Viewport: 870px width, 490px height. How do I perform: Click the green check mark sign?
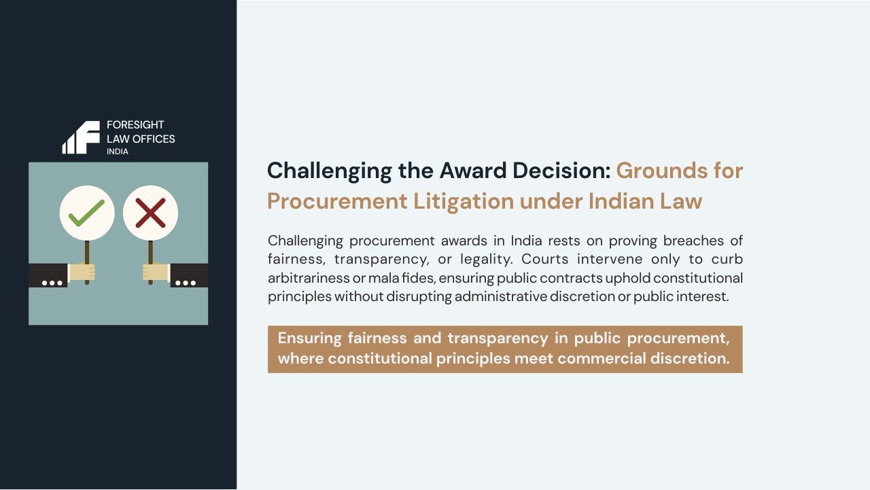(x=87, y=213)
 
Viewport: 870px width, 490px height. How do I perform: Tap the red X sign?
(x=150, y=213)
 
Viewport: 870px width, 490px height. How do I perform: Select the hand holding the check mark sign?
(x=82, y=273)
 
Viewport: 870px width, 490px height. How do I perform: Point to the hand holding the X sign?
(x=156, y=273)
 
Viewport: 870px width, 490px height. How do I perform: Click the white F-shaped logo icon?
(x=82, y=137)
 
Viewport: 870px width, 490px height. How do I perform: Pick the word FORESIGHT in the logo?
(x=135, y=125)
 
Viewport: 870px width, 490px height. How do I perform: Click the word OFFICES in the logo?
(x=154, y=139)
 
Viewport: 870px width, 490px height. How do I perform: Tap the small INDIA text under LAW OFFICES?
(x=117, y=152)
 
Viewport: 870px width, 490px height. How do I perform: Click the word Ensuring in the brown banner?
(x=309, y=338)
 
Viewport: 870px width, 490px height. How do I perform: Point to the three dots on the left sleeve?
(x=52, y=283)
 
